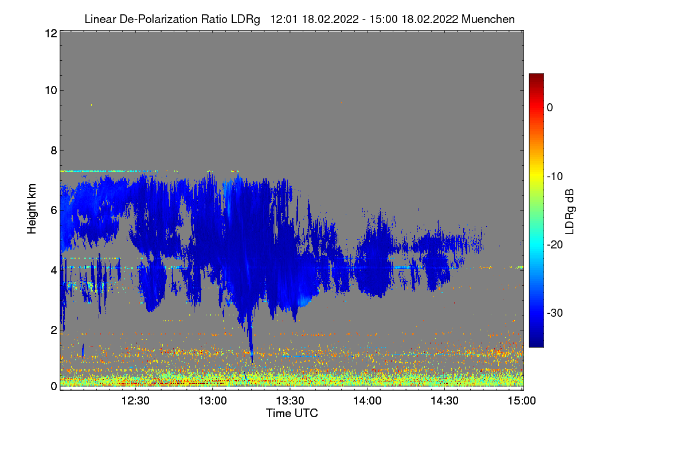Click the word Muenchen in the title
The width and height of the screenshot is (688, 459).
pos(488,20)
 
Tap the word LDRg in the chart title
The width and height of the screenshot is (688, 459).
pos(245,20)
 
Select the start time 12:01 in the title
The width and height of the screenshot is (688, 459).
pos(283,20)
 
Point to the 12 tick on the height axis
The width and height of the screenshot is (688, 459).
pos(51,33)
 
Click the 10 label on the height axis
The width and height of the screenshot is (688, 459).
pos(51,91)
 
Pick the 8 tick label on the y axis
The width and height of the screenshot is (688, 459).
pos(54,151)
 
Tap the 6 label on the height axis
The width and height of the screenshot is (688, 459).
pos(54,211)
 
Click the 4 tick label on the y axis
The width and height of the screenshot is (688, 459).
pos(54,271)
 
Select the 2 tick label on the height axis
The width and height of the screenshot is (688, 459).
pos(54,330)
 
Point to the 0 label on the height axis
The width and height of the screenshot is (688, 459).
pos(54,386)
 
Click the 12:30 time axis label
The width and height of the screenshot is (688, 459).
pos(135,400)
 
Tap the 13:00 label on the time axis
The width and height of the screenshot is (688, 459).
pos(213,400)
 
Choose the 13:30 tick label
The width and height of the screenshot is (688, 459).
pos(290,400)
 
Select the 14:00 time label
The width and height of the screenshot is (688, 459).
pos(368,400)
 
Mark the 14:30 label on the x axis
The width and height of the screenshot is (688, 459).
pos(444,400)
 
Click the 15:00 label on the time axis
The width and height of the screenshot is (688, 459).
pos(522,400)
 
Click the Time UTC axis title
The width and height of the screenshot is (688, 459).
pos(292,413)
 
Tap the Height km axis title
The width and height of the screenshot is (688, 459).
pos(32,209)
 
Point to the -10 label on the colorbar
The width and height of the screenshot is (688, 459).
pos(555,177)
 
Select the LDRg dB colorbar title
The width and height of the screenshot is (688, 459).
pos(569,212)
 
